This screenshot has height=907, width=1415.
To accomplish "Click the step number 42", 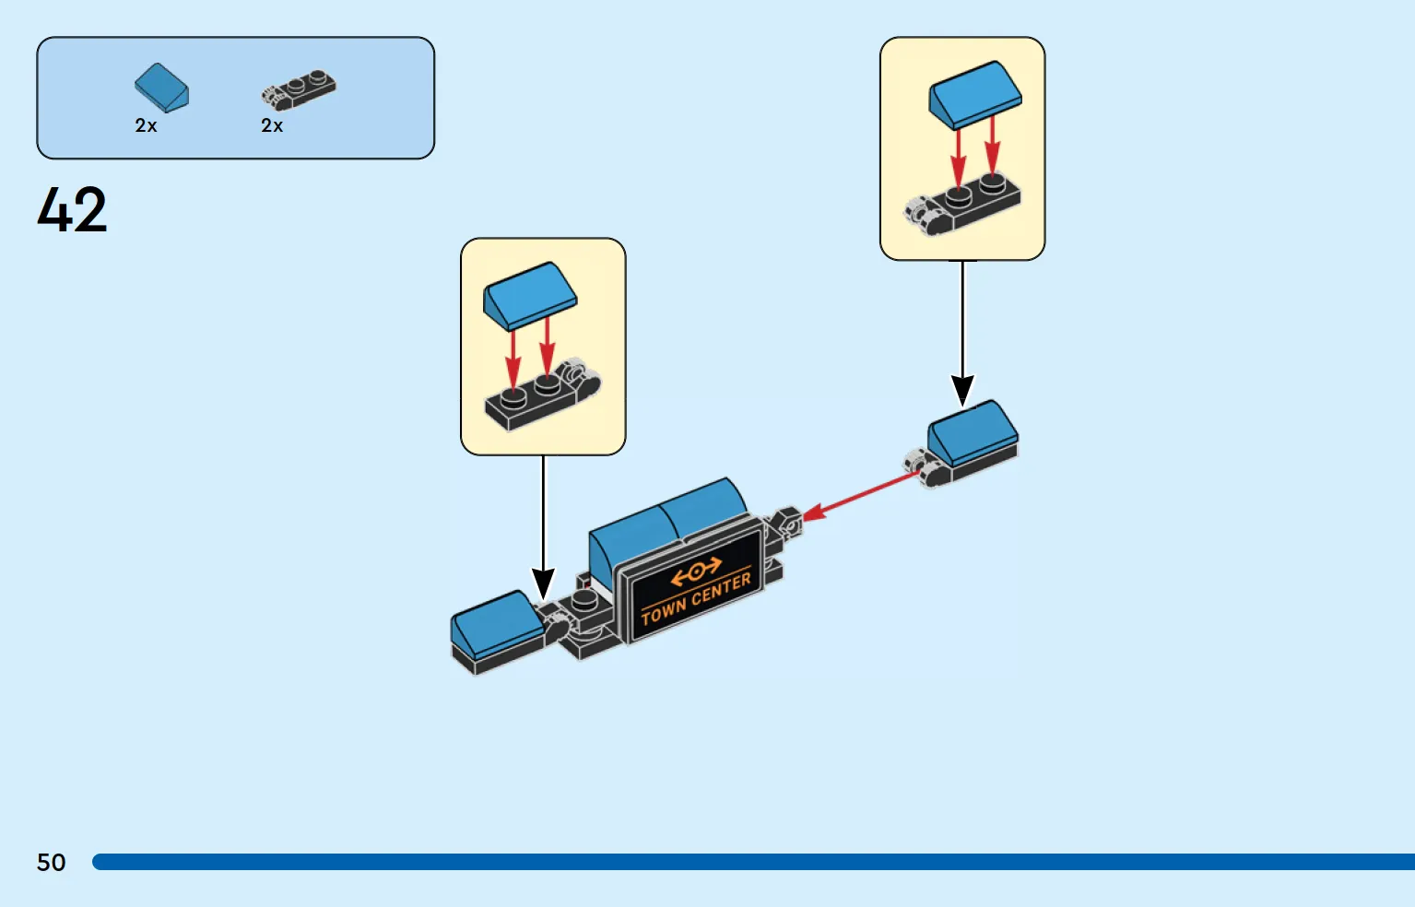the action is pyautogui.click(x=72, y=209).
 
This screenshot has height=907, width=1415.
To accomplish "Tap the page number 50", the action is pyautogui.click(x=52, y=862).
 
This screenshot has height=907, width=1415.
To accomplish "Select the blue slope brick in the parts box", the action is pyautogui.click(x=161, y=88).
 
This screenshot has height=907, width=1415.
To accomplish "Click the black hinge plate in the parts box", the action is pyautogui.click(x=299, y=90).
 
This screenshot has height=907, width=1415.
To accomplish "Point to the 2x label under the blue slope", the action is pyautogui.click(x=146, y=125).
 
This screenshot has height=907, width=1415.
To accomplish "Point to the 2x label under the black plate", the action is pyautogui.click(x=272, y=125).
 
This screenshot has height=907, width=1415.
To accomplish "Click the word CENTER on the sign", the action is pyautogui.click(x=720, y=590).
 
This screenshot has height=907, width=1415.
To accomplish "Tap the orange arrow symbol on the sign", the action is pyautogui.click(x=695, y=571).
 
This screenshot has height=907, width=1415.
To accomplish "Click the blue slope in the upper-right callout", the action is pyautogui.click(x=974, y=95).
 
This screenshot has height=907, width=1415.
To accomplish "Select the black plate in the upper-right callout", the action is pyautogui.click(x=962, y=205).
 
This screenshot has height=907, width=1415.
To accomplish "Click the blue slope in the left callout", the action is pyautogui.click(x=529, y=296).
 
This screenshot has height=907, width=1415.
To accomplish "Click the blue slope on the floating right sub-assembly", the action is pyautogui.click(x=973, y=433).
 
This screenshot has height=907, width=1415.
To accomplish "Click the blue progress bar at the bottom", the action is pyautogui.click(x=753, y=862).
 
